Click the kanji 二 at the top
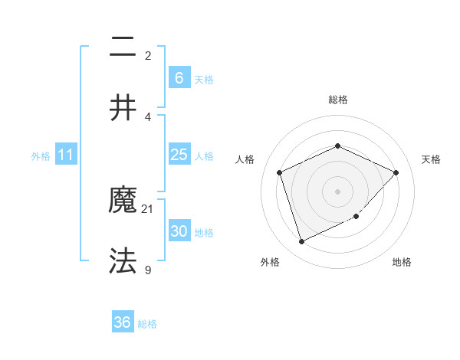(123, 48)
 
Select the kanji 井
(123, 107)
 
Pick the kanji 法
(123, 260)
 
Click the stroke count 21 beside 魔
(148, 208)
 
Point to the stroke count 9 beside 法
(148, 269)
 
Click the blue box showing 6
(179, 77)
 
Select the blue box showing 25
(179, 155)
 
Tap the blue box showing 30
(179, 231)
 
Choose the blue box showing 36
(123, 322)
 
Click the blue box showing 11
(66, 155)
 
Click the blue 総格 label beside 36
(147, 324)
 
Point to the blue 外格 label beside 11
(41, 156)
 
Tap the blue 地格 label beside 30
(204, 233)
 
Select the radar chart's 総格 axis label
(337, 100)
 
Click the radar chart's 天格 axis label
(432, 159)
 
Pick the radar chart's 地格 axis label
(402, 262)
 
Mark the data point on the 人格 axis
(280, 172)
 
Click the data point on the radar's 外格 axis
(301, 242)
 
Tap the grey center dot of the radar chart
(337, 191)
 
